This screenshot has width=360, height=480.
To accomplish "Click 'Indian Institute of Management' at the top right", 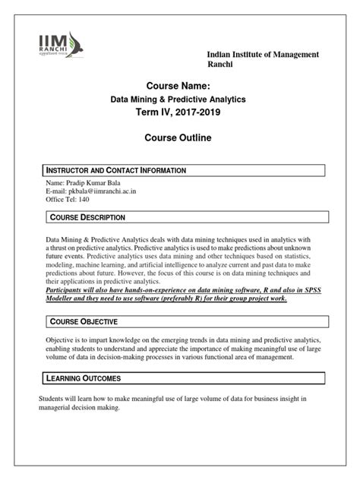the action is [257, 57].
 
